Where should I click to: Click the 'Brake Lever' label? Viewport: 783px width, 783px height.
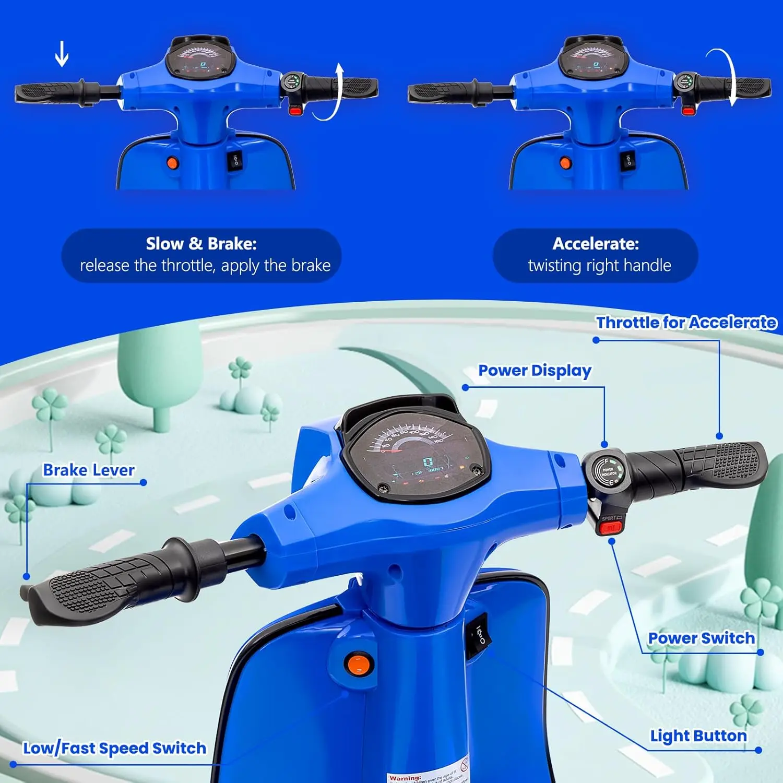[89, 470]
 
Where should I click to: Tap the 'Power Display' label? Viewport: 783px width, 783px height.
[535, 371]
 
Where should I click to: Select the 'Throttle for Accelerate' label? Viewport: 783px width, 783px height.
[686, 323]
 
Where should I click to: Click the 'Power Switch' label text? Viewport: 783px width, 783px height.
[701, 638]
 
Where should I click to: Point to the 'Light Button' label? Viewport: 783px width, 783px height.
[698, 735]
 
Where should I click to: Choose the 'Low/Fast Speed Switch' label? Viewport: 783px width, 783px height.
[114, 748]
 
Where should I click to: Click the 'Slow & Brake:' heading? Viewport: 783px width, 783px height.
[201, 244]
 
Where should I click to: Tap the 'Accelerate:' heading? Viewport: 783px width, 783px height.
[595, 244]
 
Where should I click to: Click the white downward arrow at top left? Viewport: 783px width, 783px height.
[62, 54]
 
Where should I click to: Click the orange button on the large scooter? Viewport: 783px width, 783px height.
[359, 665]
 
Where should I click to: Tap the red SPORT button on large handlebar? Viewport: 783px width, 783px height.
[609, 528]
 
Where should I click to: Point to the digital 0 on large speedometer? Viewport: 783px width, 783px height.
[428, 462]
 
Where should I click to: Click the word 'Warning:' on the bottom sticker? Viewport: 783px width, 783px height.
[405, 778]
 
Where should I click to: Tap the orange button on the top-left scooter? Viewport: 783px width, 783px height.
[172, 163]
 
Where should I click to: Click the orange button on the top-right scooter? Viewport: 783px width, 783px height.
[565, 163]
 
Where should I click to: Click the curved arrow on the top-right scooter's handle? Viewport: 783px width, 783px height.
[727, 76]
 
